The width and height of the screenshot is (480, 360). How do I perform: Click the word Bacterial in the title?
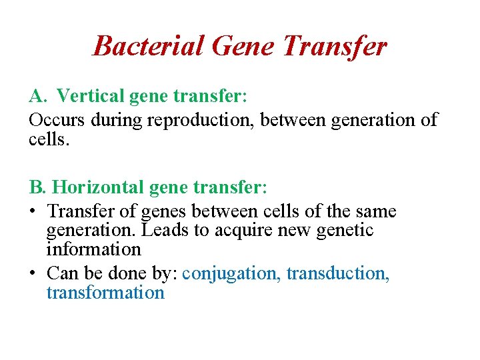tap(149, 46)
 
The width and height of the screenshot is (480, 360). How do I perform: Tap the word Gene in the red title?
tap(243, 46)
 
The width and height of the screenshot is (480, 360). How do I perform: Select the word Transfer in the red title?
tap(335, 46)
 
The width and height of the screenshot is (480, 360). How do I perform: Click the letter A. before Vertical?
tap(38, 97)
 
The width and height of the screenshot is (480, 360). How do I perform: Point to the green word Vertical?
tap(84, 97)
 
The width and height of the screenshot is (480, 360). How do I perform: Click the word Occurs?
tap(55, 120)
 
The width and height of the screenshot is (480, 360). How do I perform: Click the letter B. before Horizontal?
tap(38, 188)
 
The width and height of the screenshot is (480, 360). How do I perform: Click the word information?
tap(94, 250)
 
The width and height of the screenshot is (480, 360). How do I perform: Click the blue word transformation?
tap(105, 293)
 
